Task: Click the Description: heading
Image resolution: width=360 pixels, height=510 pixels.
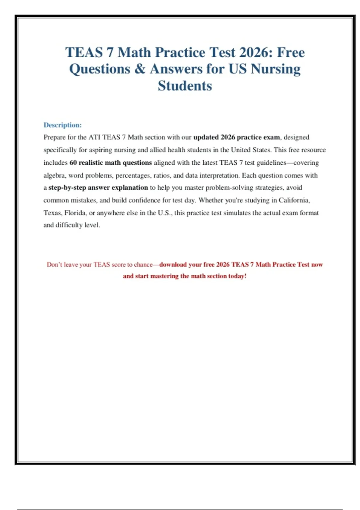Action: coord(62,125)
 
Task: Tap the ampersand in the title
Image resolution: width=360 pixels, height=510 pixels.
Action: coord(140,69)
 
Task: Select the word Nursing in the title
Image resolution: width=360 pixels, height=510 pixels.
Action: coord(275,69)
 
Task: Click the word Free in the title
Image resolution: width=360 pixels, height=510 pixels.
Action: coord(291,52)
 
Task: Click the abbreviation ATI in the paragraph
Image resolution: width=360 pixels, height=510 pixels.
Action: coord(94,137)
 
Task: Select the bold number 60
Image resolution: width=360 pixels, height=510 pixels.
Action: coord(73,163)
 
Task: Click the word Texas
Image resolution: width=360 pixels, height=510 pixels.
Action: coord(52,213)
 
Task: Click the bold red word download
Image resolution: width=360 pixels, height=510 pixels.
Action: coord(173,265)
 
